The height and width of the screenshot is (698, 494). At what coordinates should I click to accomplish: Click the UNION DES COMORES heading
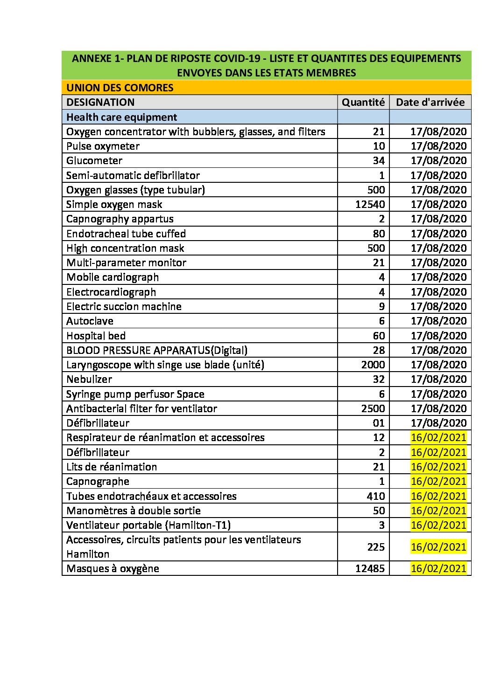[120, 88]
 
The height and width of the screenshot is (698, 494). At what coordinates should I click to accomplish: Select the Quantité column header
[363, 102]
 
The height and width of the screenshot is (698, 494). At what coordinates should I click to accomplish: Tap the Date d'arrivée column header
[430, 102]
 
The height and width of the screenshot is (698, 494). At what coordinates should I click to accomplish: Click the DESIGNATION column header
[100, 102]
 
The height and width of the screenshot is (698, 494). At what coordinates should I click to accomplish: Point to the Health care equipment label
[121, 117]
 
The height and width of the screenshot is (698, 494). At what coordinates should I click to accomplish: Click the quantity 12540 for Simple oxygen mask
[370, 204]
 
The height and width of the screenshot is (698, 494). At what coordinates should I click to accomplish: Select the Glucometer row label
[94, 160]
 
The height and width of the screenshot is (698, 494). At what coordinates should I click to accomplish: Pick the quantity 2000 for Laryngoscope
[373, 365]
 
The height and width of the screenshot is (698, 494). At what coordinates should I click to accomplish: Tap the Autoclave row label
[90, 321]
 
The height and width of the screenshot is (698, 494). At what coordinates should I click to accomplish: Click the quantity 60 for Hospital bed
[379, 336]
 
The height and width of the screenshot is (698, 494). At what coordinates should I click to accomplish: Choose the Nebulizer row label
[89, 379]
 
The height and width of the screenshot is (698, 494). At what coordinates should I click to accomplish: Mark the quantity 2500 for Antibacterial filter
[373, 408]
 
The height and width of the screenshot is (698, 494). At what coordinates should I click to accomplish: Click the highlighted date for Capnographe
[438, 481]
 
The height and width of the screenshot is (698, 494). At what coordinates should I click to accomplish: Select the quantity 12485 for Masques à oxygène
[370, 568]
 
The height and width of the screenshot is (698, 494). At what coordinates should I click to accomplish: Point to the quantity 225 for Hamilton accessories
[376, 546]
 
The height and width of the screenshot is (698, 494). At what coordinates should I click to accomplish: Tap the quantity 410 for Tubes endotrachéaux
[376, 496]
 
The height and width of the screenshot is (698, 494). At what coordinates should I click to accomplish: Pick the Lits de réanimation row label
[112, 467]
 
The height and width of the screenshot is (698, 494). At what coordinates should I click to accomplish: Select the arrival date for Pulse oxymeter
[438, 146]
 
